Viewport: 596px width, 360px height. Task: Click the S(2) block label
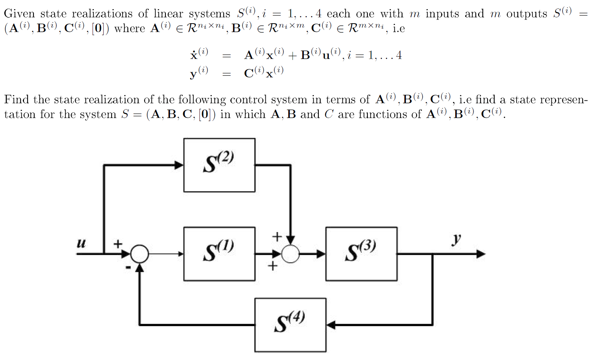(218, 162)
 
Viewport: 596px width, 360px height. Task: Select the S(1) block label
(218, 251)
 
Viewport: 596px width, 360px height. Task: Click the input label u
(81, 243)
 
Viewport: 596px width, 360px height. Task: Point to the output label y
(456, 240)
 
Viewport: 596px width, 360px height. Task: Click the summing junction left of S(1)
(140, 254)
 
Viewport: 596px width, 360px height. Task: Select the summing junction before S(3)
(290, 254)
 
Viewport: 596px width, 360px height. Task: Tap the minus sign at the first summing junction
(128, 267)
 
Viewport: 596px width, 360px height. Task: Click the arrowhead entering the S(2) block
(179, 165)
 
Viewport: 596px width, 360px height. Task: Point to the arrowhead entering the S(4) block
(331, 325)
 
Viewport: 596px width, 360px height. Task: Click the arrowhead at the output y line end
(481, 254)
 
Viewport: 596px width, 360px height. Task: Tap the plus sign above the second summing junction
(276, 236)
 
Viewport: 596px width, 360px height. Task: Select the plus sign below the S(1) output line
(272, 266)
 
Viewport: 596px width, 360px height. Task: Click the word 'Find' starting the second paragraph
(16, 100)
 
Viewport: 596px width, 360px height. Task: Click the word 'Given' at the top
(19, 14)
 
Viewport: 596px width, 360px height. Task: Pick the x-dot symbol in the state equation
(194, 55)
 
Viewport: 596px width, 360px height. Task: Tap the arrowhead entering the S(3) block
(321, 254)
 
